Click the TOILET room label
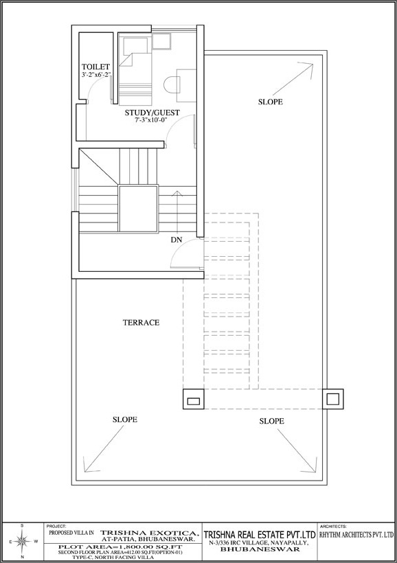coord(95,67)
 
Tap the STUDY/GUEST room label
coord(152,113)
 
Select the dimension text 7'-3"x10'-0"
coord(152,121)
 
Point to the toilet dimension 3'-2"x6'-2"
coord(96,75)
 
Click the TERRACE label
coord(141,323)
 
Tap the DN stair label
coord(177,240)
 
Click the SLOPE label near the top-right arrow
coord(271,102)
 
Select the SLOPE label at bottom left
coord(125,420)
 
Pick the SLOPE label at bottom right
coord(271,421)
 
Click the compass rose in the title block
coord(22,542)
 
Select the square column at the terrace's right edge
coord(332,399)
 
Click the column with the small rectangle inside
coord(194,400)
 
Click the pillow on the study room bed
coord(135,45)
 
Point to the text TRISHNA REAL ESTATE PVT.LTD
coord(260,534)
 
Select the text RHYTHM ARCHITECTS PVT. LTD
coord(356,535)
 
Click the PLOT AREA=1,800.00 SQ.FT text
coord(121,547)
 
